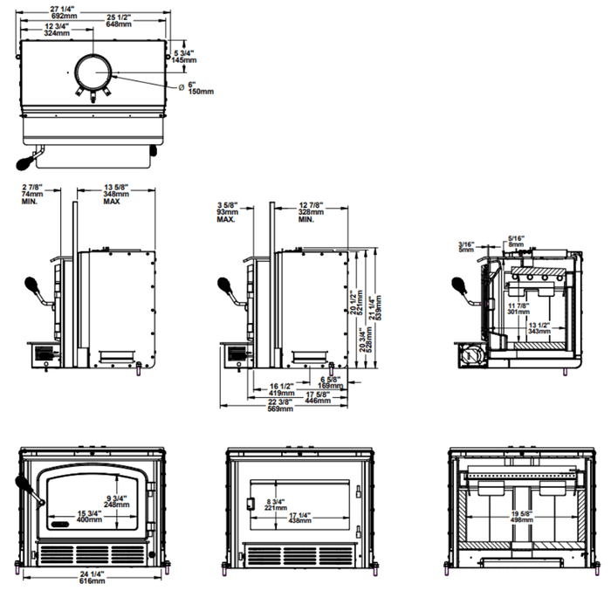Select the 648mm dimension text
[120, 24]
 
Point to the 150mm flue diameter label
[200, 91]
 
